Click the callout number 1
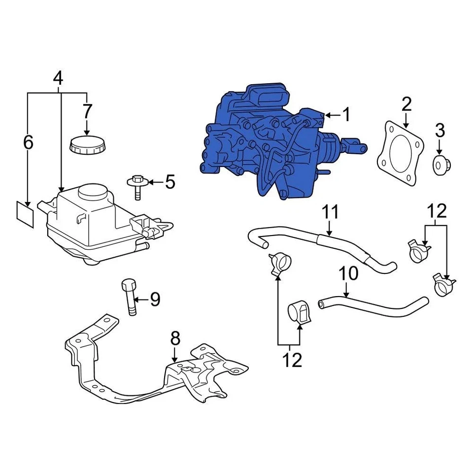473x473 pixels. coord(346,115)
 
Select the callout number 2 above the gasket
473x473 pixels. coord(406,104)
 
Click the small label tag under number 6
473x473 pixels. coord(25,214)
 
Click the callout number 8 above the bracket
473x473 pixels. coord(175,338)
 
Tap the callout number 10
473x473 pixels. coord(349,274)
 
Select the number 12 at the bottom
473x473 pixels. coord(292,360)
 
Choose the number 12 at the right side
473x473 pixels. coord(437,211)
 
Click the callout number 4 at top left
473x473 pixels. coord(58,78)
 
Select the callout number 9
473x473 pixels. coord(155,299)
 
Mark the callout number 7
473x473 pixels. coord(87,111)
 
